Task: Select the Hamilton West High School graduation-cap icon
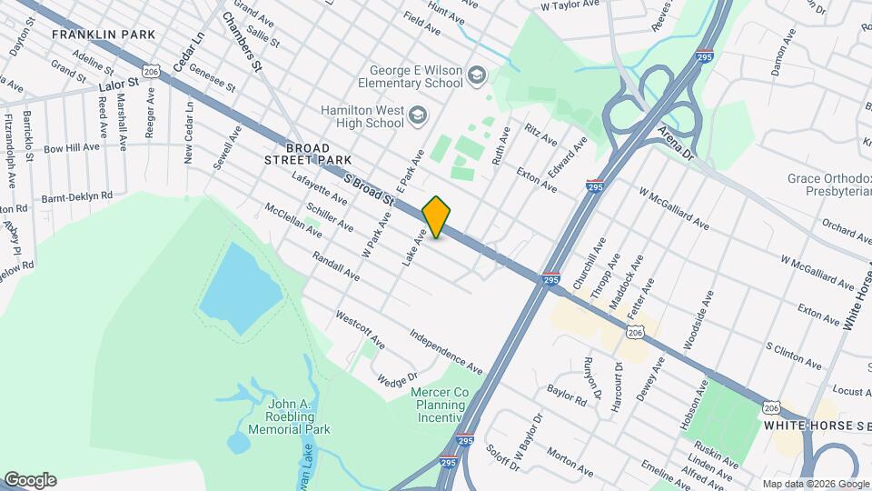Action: pyautogui.click(x=417, y=115)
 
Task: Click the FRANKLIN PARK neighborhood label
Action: pyautogui.click(x=104, y=35)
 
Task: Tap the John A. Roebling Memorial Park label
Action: pyautogui.click(x=289, y=416)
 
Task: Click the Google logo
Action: pyautogui.click(x=30, y=480)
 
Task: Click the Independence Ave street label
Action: pyautogui.click(x=445, y=353)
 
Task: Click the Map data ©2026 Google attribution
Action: pyautogui.click(x=814, y=484)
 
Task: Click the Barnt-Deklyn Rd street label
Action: pyautogui.click(x=76, y=195)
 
